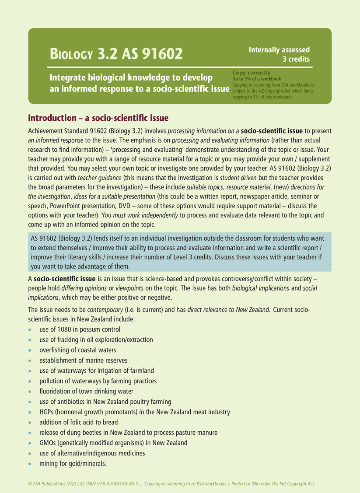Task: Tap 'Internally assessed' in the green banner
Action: point(279,50)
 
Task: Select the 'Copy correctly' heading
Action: point(252,73)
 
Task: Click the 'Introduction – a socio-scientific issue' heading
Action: point(98,118)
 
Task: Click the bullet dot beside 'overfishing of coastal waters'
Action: point(30,350)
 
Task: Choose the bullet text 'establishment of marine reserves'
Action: point(83,360)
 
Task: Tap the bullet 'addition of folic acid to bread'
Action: point(78,422)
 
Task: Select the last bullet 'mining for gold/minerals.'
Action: point(73,464)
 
